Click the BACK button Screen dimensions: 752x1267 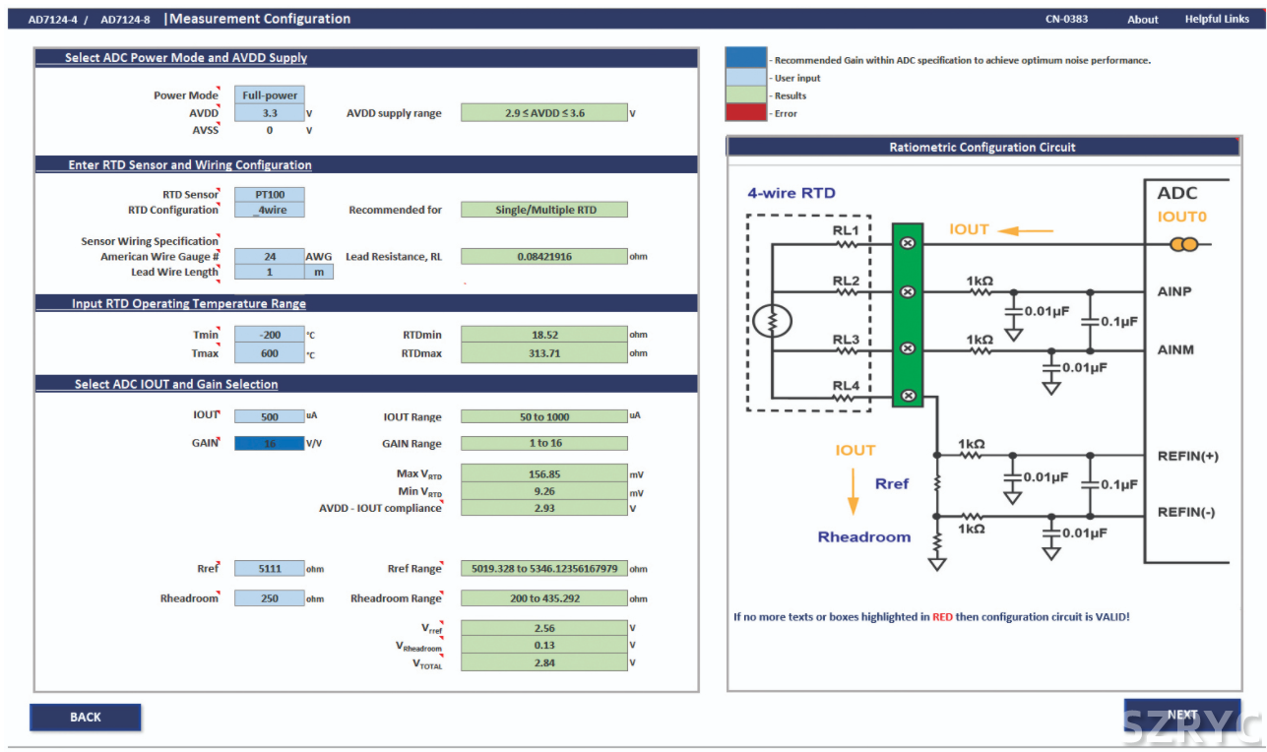point(86,717)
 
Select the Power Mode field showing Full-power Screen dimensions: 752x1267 point(270,95)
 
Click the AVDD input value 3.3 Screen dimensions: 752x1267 point(270,113)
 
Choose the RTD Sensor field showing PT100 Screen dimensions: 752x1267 point(270,195)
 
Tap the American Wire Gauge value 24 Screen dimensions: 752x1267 point(270,257)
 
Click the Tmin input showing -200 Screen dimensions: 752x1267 point(270,335)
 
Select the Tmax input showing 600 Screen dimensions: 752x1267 point(270,353)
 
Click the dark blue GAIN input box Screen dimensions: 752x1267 point(270,443)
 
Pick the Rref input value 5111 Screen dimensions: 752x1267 point(270,569)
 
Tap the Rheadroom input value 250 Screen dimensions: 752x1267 point(270,598)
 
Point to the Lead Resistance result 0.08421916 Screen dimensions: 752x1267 point(543,257)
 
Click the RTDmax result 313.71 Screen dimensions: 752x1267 point(543,353)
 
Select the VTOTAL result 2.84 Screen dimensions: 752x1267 point(543,663)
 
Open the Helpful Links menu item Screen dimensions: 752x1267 point(1217,19)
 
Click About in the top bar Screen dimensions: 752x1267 point(1143,20)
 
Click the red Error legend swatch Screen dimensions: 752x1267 point(745,113)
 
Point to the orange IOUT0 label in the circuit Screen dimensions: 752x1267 point(1181,217)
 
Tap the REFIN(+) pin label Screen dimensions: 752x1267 point(1187,456)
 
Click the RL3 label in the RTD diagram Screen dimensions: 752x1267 point(846,340)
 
